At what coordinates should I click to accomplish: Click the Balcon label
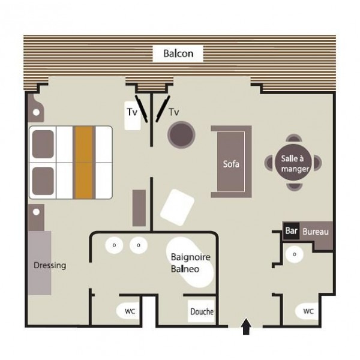[178, 53]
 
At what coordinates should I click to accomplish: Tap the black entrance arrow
[246, 326]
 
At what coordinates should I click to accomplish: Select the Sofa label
[231, 164]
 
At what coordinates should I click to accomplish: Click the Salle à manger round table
[293, 163]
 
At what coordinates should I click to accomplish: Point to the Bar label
[291, 230]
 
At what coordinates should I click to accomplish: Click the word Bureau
[316, 232]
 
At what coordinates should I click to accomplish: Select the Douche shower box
[202, 311]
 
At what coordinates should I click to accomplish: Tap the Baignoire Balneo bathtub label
[191, 263]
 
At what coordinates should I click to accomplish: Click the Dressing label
[50, 265]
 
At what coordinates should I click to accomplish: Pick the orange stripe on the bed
[84, 162]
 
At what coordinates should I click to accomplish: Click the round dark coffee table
[181, 135]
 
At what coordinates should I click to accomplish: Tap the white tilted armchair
[177, 208]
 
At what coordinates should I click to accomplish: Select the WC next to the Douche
[128, 311]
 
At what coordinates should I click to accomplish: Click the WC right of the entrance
[307, 311]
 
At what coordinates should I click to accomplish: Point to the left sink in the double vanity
[114, 245]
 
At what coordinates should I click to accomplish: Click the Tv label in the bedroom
[132, 112]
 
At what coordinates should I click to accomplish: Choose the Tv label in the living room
[174, 112]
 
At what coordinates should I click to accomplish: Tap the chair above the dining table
[294, 138]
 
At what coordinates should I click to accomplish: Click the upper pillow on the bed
[43, 144]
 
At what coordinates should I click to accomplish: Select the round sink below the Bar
[295, 254]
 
